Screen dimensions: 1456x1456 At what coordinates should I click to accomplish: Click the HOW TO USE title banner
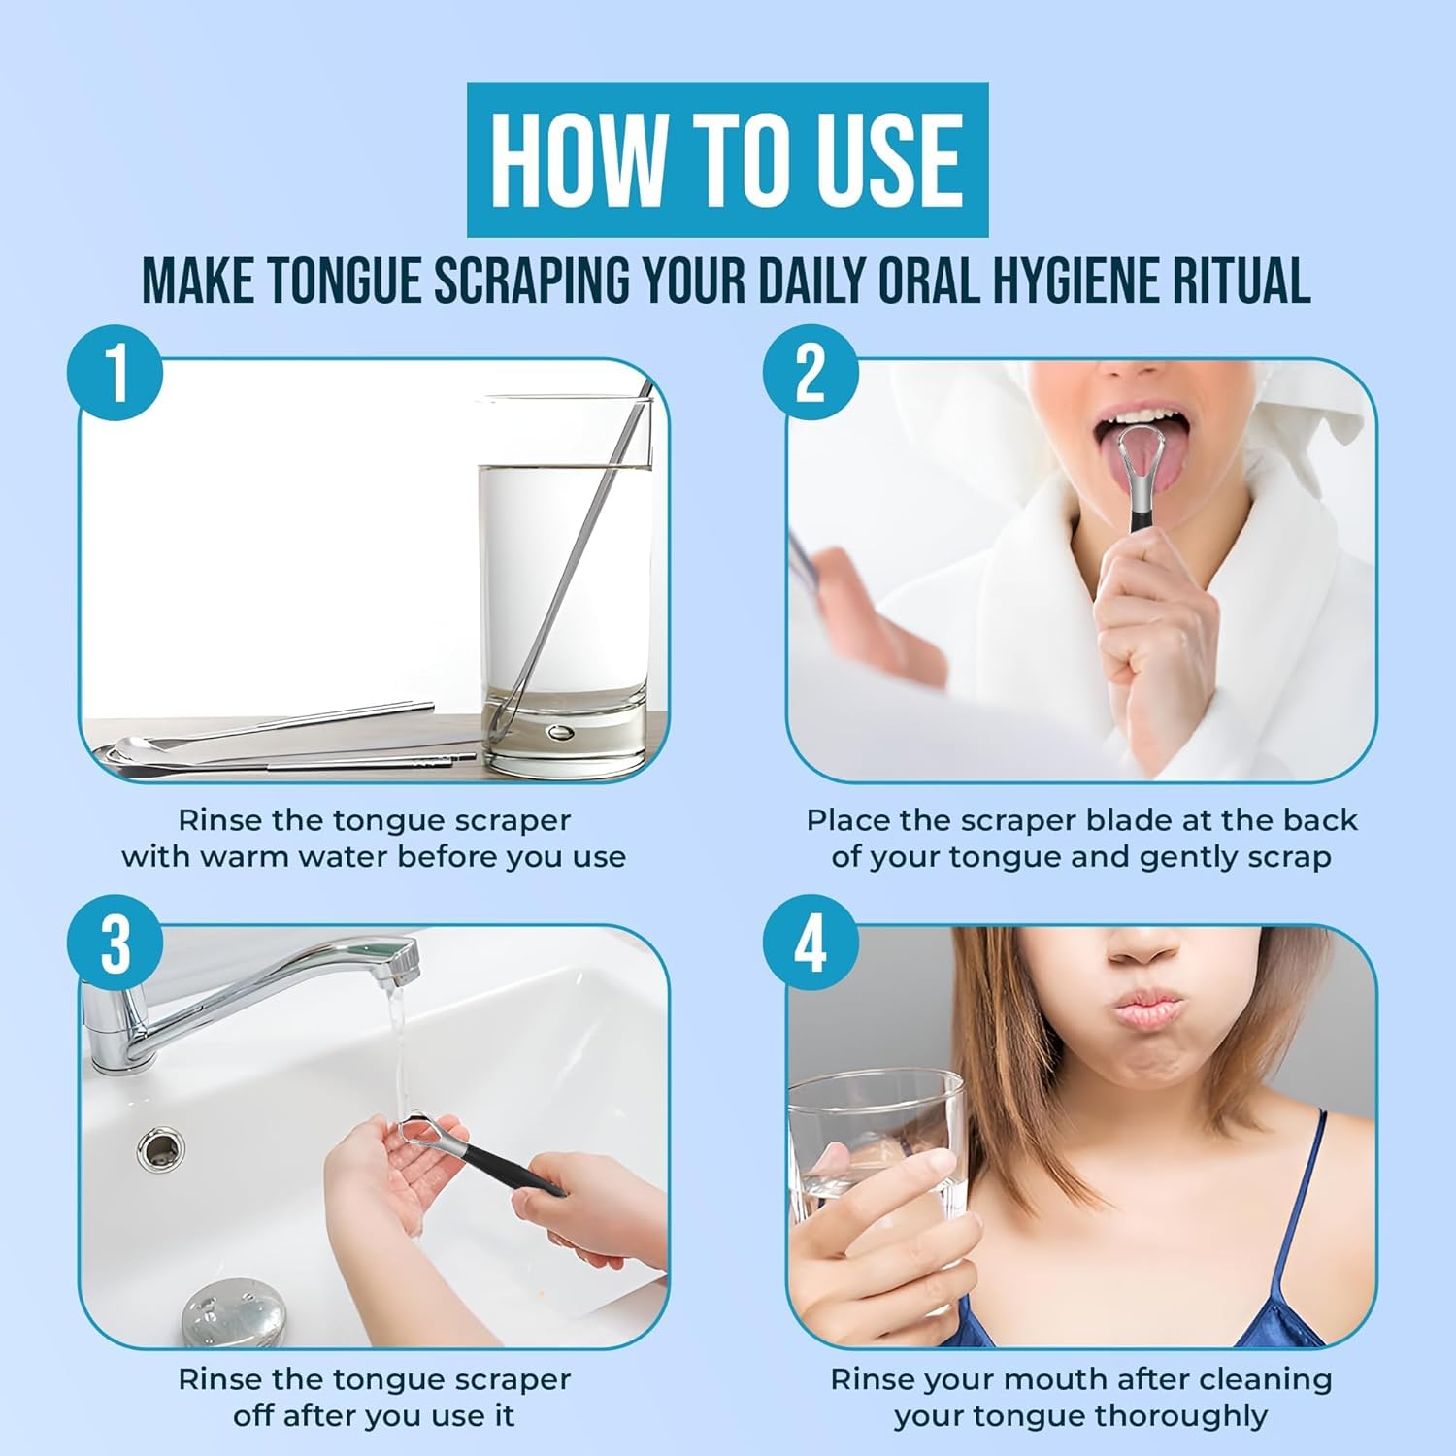click(727, 159)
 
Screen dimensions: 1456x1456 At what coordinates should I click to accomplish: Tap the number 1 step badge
click(115, 373)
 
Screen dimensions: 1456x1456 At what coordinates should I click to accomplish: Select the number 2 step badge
click(811, 373)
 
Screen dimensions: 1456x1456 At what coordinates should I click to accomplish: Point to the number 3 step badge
click(115, 943)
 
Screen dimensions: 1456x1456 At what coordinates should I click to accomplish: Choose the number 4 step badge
click(811, 943)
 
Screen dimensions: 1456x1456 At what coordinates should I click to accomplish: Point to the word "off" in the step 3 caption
click(253, 1415)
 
